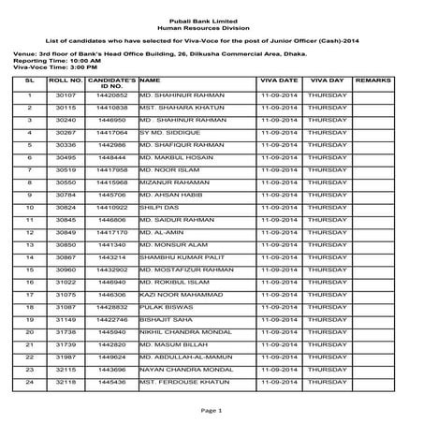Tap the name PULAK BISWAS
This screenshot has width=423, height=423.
point(164,306)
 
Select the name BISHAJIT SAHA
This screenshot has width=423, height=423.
point(164,319)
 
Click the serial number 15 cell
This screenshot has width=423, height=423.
point(30,269)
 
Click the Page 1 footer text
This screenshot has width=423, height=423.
point(211,410)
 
